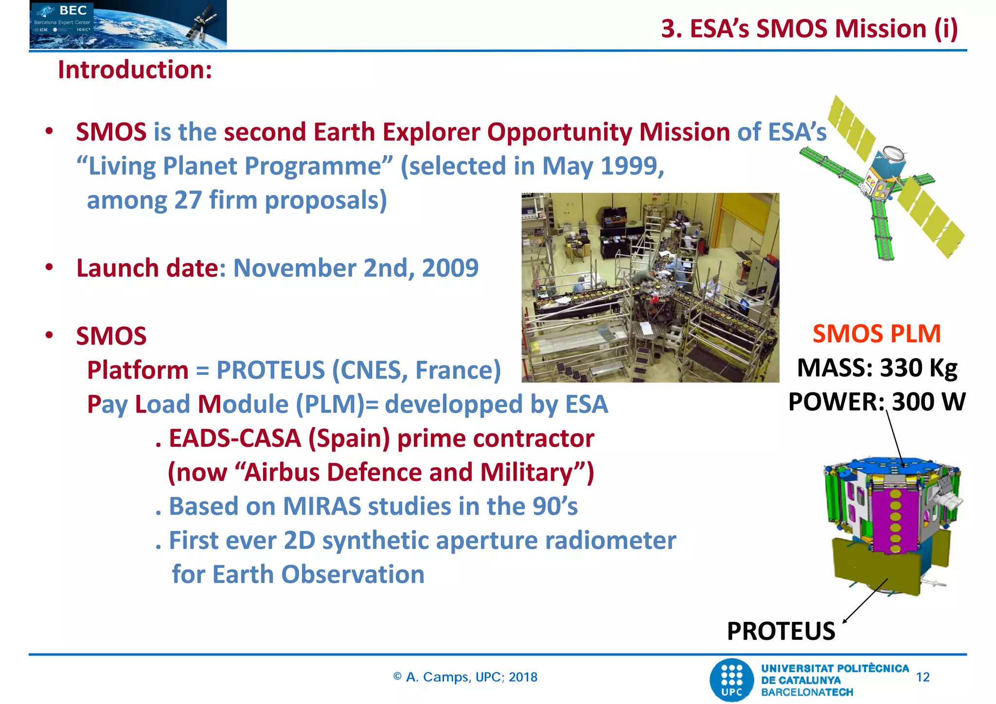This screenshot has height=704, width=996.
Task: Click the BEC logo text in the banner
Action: point(73,11)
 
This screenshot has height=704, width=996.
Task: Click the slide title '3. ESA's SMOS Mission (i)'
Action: point(809,28)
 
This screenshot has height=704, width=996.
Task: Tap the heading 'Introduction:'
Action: point(135,70)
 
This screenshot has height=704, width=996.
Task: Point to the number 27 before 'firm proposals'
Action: point(188,200)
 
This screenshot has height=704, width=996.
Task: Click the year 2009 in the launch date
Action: point(450,268)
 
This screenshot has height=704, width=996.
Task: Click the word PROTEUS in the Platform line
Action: point(270,370)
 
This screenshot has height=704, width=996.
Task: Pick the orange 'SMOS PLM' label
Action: point(876,334)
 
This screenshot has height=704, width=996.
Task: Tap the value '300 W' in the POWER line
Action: point(929,402)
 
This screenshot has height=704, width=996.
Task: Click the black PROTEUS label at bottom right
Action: point(781,632)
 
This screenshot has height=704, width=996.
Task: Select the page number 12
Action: point(923,677)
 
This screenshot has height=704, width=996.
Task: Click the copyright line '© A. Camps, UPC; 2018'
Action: point(465,677)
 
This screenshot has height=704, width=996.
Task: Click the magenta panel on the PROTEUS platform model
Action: point(895,520)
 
